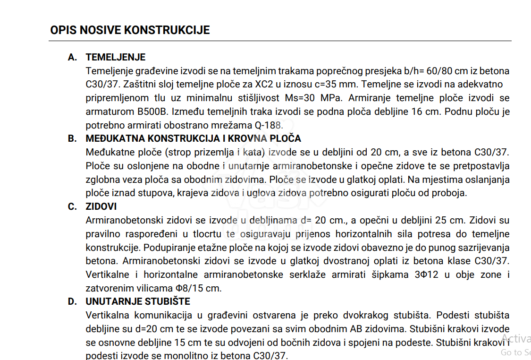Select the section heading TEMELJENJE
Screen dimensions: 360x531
click(115, 57)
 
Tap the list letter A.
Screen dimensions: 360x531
click(72, 57)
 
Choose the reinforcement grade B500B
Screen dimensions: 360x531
click(154, 112)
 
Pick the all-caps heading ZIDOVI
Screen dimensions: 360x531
click(101, 206)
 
